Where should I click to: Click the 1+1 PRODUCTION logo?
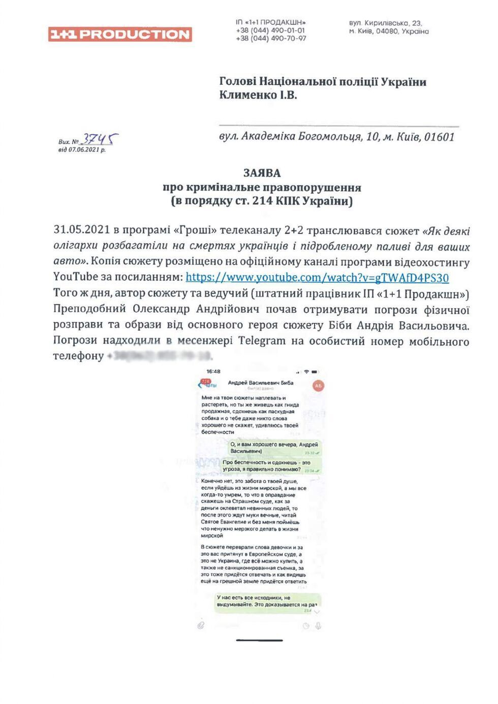(x=120, y=34)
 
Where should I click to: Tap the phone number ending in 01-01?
(x=270, y=30)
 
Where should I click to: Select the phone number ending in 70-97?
(x=270, y=39)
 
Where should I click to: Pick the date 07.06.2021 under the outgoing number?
(x=87, y=150)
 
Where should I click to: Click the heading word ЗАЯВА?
(x=262, y=173)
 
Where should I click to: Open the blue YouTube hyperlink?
(x=317, y=278)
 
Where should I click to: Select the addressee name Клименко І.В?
(x=258, y=95)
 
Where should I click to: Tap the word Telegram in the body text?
(x=262, y=341)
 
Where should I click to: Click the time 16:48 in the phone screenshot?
(x=213, y=372)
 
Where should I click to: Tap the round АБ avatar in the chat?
(x=318, y=386)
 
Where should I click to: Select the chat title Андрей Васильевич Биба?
(x=260, y=383)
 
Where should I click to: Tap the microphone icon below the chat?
(x=318, y=626)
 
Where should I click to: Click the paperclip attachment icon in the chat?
(x=201, y=625)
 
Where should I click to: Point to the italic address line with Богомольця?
(x=337, y=137)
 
